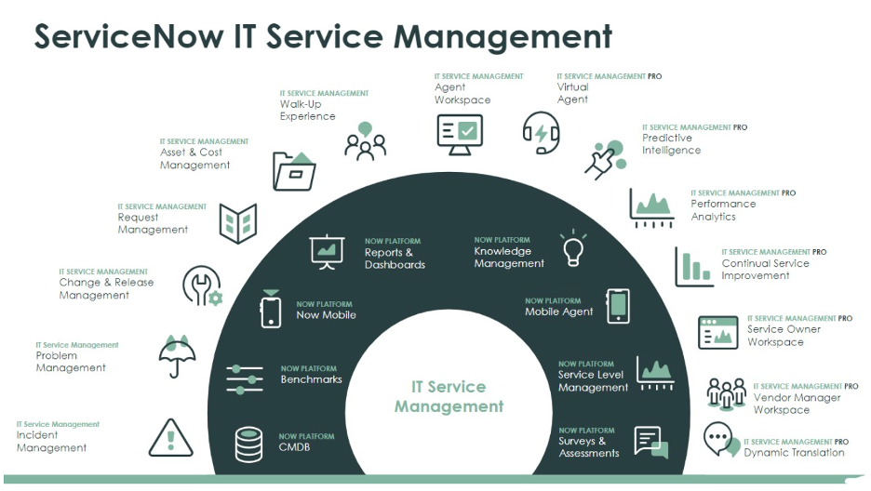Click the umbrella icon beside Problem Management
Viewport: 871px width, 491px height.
(x=177, y=355)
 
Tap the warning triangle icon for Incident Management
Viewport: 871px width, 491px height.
(x=170, y=438)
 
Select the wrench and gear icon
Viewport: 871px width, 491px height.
(x=202, y=286)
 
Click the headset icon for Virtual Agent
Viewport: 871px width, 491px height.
(x=541, y=133)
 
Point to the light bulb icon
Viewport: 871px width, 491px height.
(x=572, y=248)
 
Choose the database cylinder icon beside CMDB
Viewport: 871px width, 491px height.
(x=248, y=445)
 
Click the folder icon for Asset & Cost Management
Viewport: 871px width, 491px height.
(x=294, y=170)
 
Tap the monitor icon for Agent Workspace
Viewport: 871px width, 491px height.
(x=459, y=134)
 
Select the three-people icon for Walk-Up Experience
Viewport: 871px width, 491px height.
(x=365, y=141)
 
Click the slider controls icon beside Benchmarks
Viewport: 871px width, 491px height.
(x=245, y=378)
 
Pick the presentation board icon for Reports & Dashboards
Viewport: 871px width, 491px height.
(x=328, y=252)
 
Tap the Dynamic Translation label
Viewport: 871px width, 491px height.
(x=794, y=453)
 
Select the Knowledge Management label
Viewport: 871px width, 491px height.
(x=509, y=258)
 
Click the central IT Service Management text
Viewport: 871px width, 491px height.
(x=449, y=396)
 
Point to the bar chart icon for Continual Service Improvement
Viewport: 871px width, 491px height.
(x=693, y=266)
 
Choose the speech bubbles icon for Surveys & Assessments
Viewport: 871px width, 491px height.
(x=651, y=441)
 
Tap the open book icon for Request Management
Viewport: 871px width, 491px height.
(x=237, y=223)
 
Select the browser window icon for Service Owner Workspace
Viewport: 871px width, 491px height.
(x=717, y=332)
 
